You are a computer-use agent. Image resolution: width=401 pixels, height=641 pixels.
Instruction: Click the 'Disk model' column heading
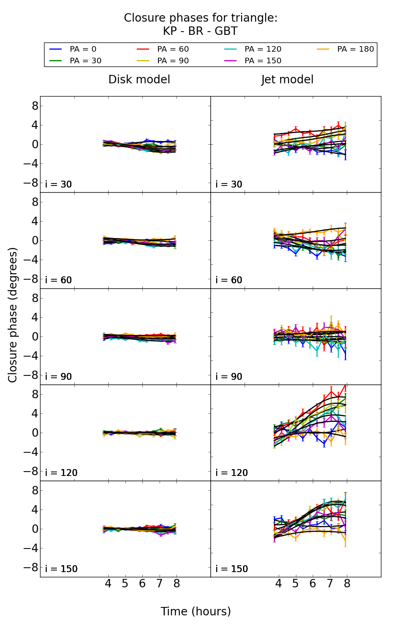pos(139,80)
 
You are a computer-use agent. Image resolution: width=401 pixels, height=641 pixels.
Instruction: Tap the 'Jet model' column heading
pos(287,80)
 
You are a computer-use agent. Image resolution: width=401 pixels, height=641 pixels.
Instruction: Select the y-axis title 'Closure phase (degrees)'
pos(13,315)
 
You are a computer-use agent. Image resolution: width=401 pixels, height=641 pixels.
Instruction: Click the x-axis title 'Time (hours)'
pos(196,612)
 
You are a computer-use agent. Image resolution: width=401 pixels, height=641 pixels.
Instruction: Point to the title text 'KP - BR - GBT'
pos(200,31)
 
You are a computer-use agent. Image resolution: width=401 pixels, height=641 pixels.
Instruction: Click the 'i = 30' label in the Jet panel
pos(229,185)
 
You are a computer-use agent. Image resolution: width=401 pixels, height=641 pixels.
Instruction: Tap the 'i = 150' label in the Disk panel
pos(61,569)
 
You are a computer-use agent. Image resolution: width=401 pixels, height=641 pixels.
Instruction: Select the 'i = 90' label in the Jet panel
pos(229,377)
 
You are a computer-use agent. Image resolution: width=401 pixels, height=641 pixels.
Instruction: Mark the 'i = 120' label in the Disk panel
pos(61,473)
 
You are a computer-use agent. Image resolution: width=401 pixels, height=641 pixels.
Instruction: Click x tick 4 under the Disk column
pos(108,584)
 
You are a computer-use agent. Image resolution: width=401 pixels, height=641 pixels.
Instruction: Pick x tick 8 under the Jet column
pos(347,584)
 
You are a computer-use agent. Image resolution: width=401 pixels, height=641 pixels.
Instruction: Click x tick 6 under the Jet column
pos(313,584)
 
